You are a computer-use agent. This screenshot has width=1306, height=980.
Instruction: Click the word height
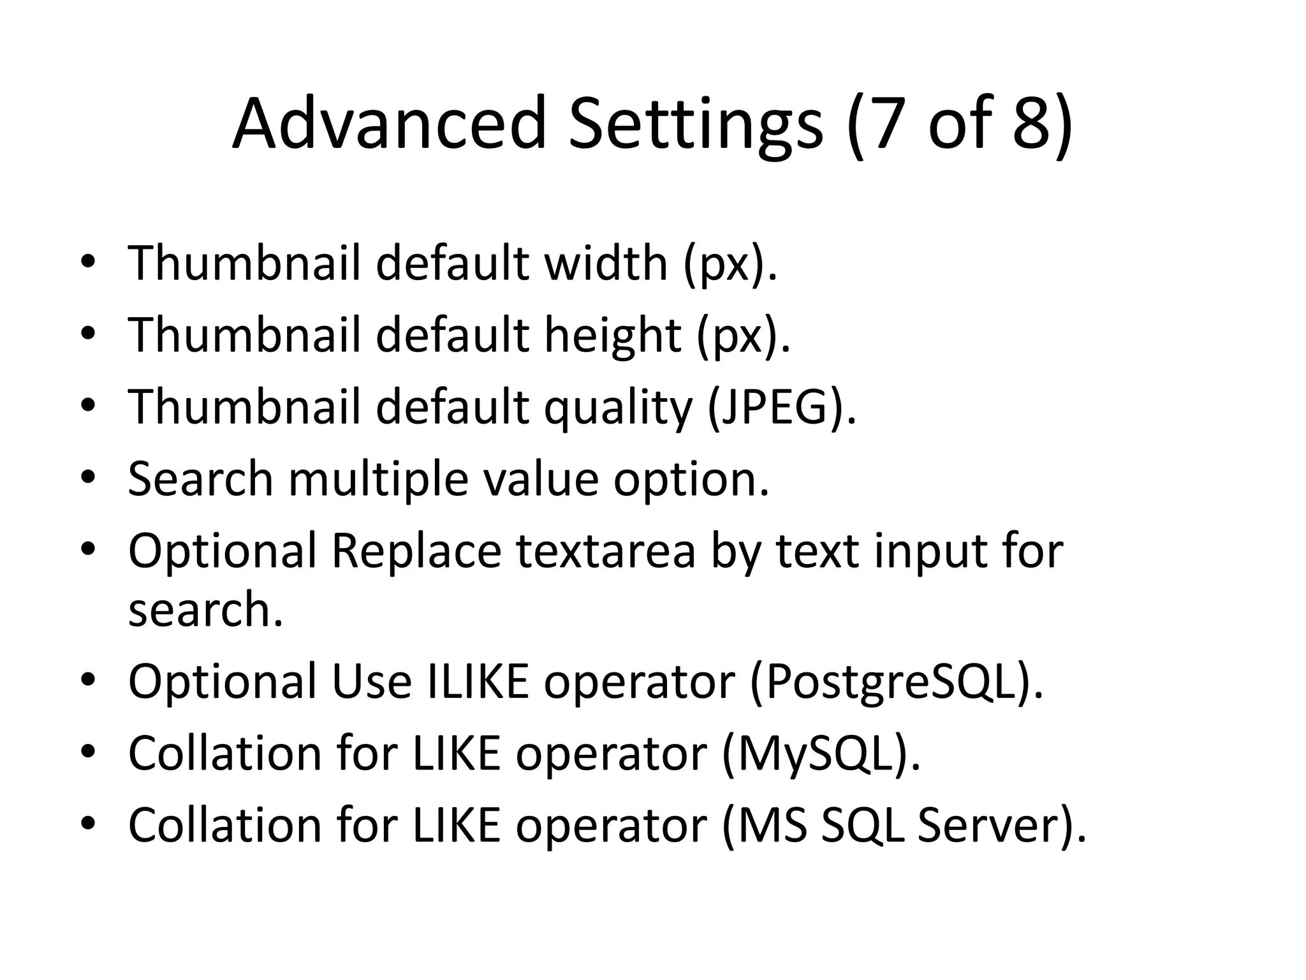612,336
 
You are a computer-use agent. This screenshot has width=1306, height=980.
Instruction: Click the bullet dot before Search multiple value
88,478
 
